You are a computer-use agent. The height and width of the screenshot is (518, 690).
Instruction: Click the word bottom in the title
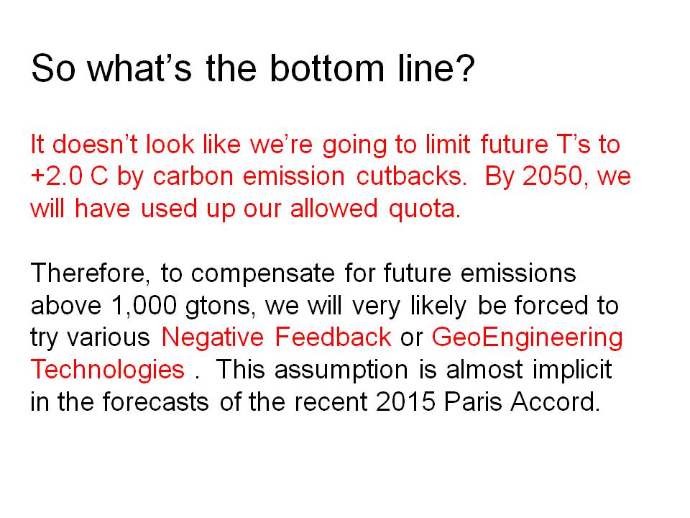tap(327, 68)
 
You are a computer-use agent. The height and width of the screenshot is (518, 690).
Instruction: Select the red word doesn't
tap(95, 144)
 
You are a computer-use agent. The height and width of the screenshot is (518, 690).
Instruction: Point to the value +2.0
tap(56, 176)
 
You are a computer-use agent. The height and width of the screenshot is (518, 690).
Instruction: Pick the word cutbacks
tap(411, 176)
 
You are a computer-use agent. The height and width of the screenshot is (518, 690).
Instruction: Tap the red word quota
tap(425, 209)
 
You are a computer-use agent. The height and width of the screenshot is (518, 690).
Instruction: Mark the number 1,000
tap(144, 306)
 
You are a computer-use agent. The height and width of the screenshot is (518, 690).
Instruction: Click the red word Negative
tap(213, 338)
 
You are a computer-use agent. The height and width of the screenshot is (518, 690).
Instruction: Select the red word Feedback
tap(333, 337)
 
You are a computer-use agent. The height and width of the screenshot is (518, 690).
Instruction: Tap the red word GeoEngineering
tap(527, 338)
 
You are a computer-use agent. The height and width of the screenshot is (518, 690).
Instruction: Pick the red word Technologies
tap(107, 370)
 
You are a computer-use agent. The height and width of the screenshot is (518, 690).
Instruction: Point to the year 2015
tap(405, 401)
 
